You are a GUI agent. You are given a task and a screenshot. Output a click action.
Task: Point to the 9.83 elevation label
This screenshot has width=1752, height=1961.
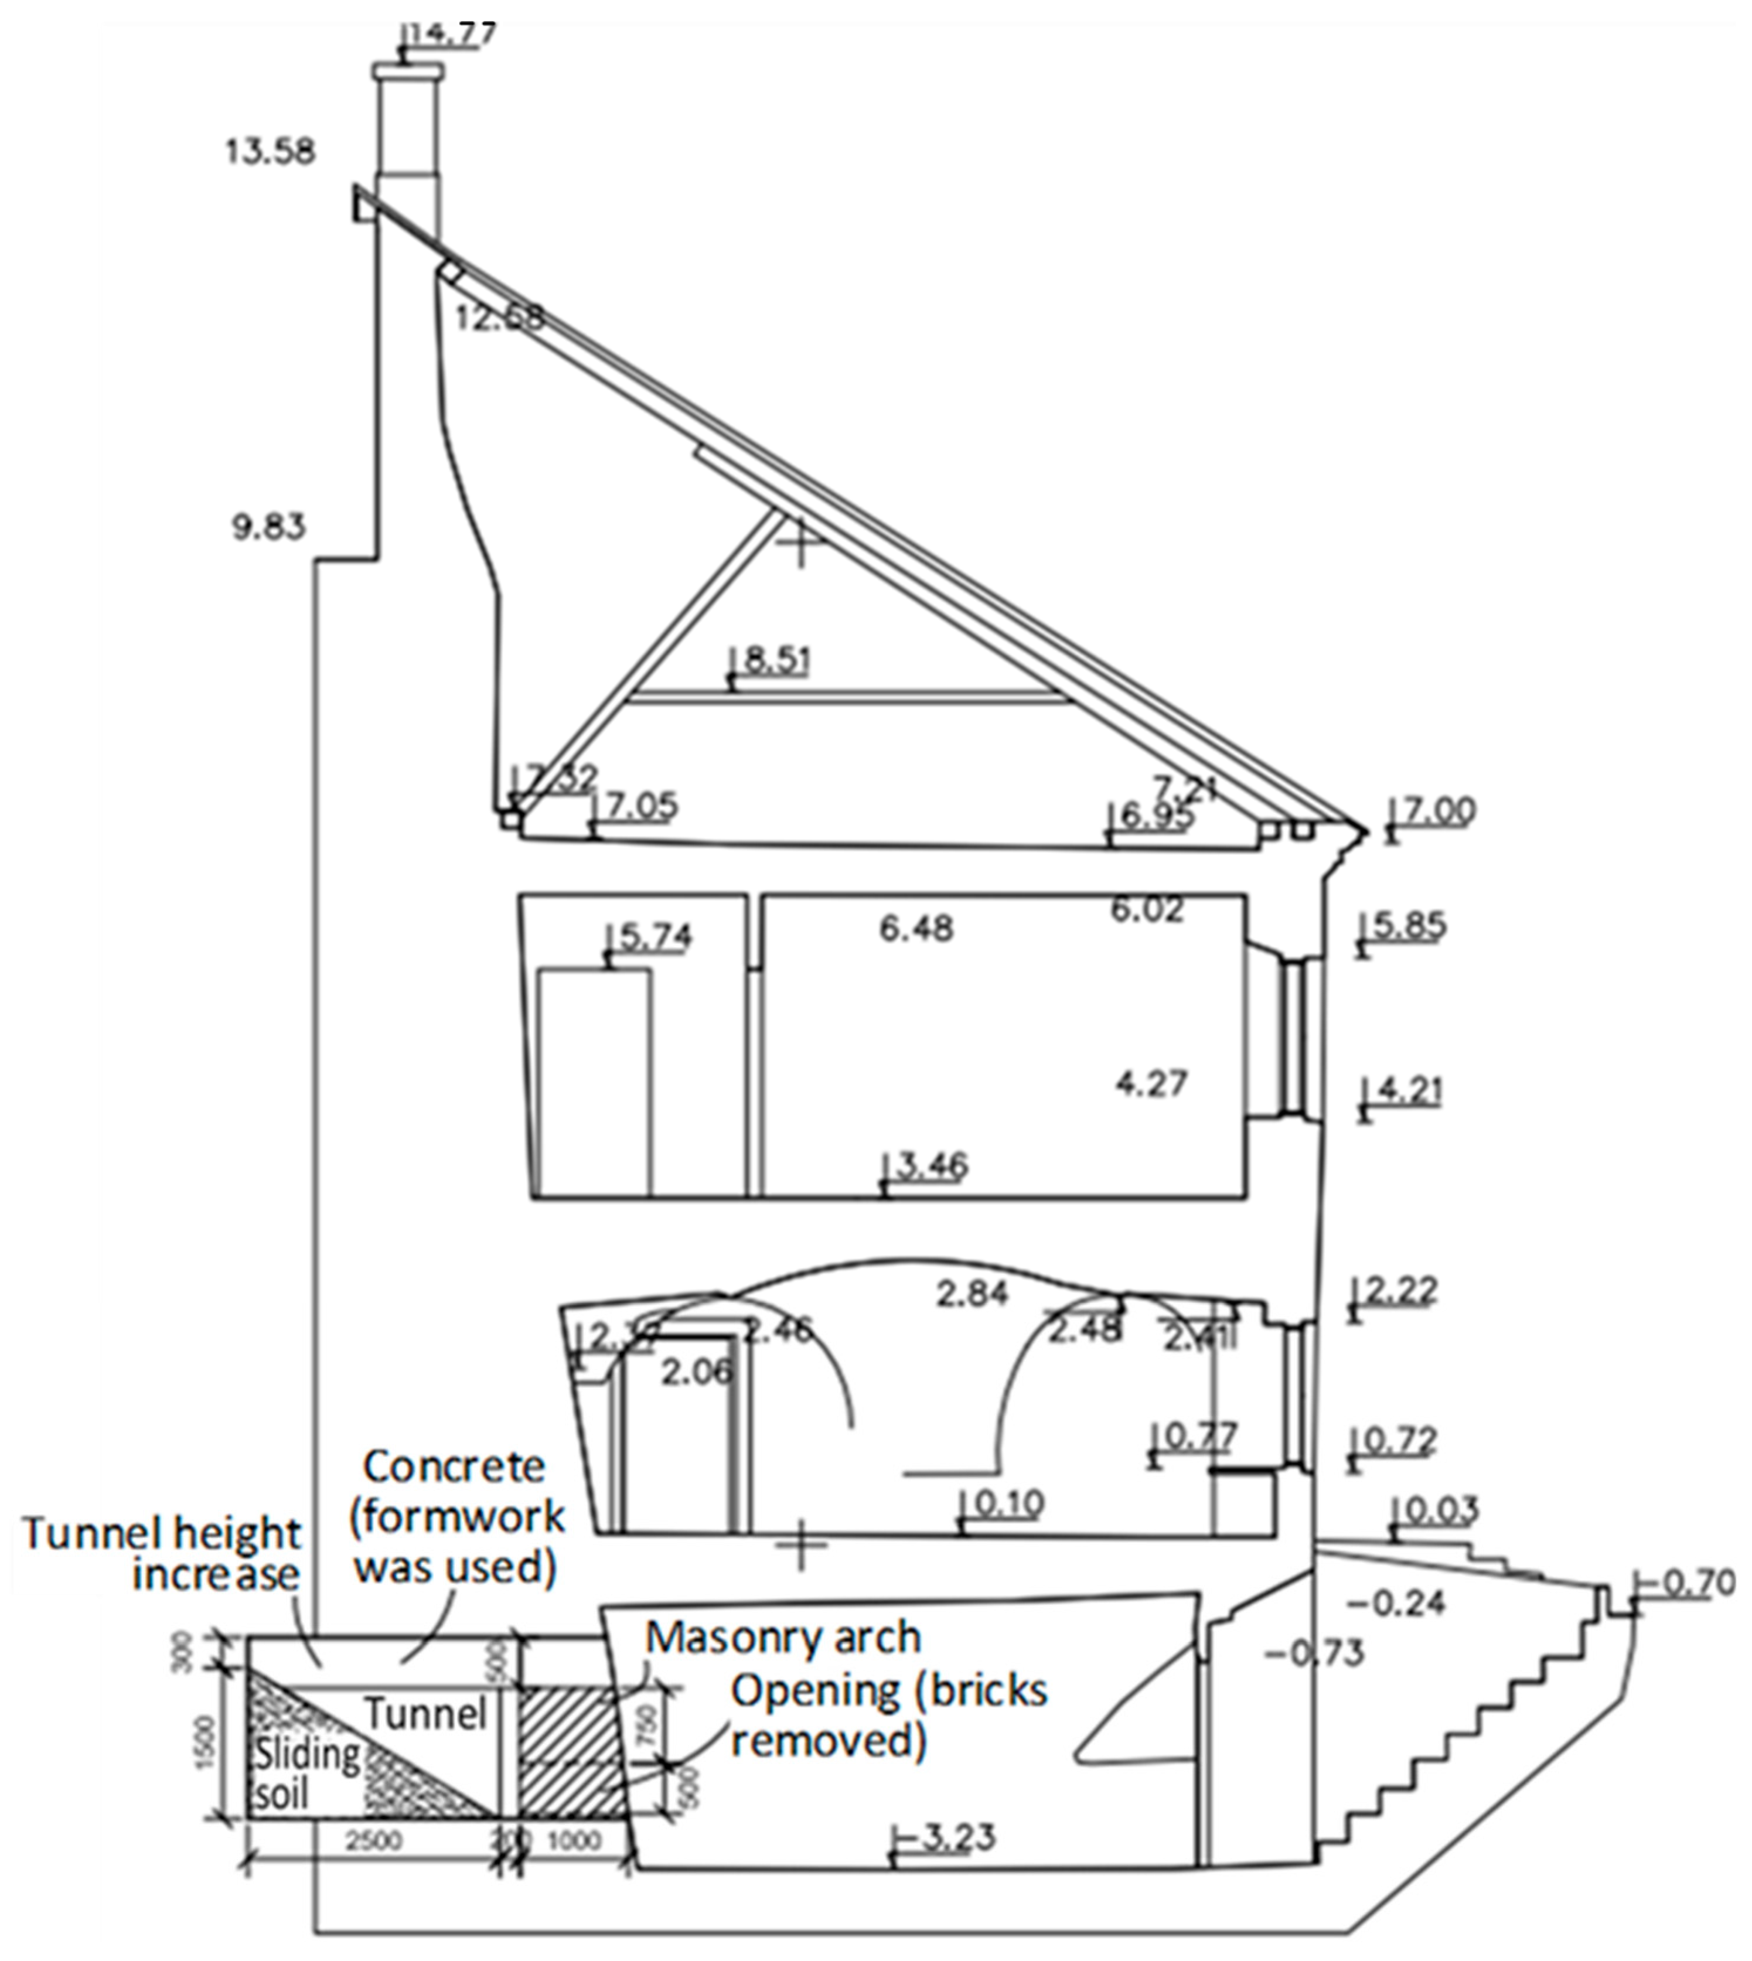(268, 527)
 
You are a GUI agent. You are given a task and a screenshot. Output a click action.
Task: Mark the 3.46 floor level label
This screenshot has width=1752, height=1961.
(931, 1166)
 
